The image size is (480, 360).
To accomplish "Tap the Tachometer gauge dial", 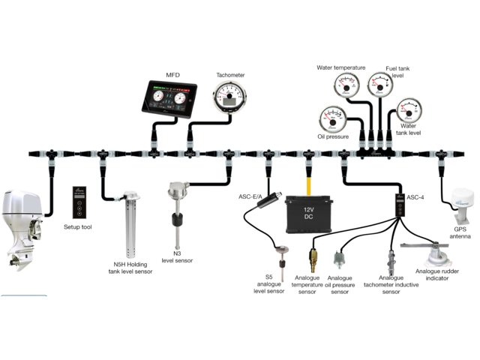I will coord(228,98).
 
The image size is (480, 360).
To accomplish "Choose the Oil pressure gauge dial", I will coord(331,118).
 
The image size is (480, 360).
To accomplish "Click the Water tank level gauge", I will coord(409,111).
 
